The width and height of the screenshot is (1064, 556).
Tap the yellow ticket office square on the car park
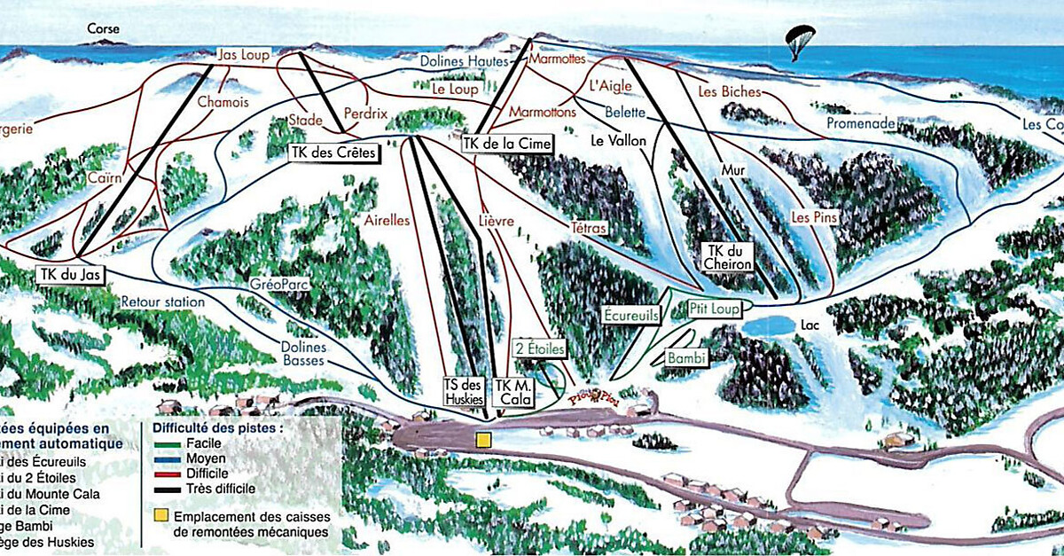482,439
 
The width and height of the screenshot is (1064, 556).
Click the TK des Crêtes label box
334,153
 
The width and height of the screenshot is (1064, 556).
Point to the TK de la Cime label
508,143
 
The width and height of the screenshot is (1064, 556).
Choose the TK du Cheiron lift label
727,257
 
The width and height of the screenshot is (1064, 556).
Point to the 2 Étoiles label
539,348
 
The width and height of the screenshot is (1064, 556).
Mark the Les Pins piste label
814,216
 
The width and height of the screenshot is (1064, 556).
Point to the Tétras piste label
589,229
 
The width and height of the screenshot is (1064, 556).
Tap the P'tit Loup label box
713,309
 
